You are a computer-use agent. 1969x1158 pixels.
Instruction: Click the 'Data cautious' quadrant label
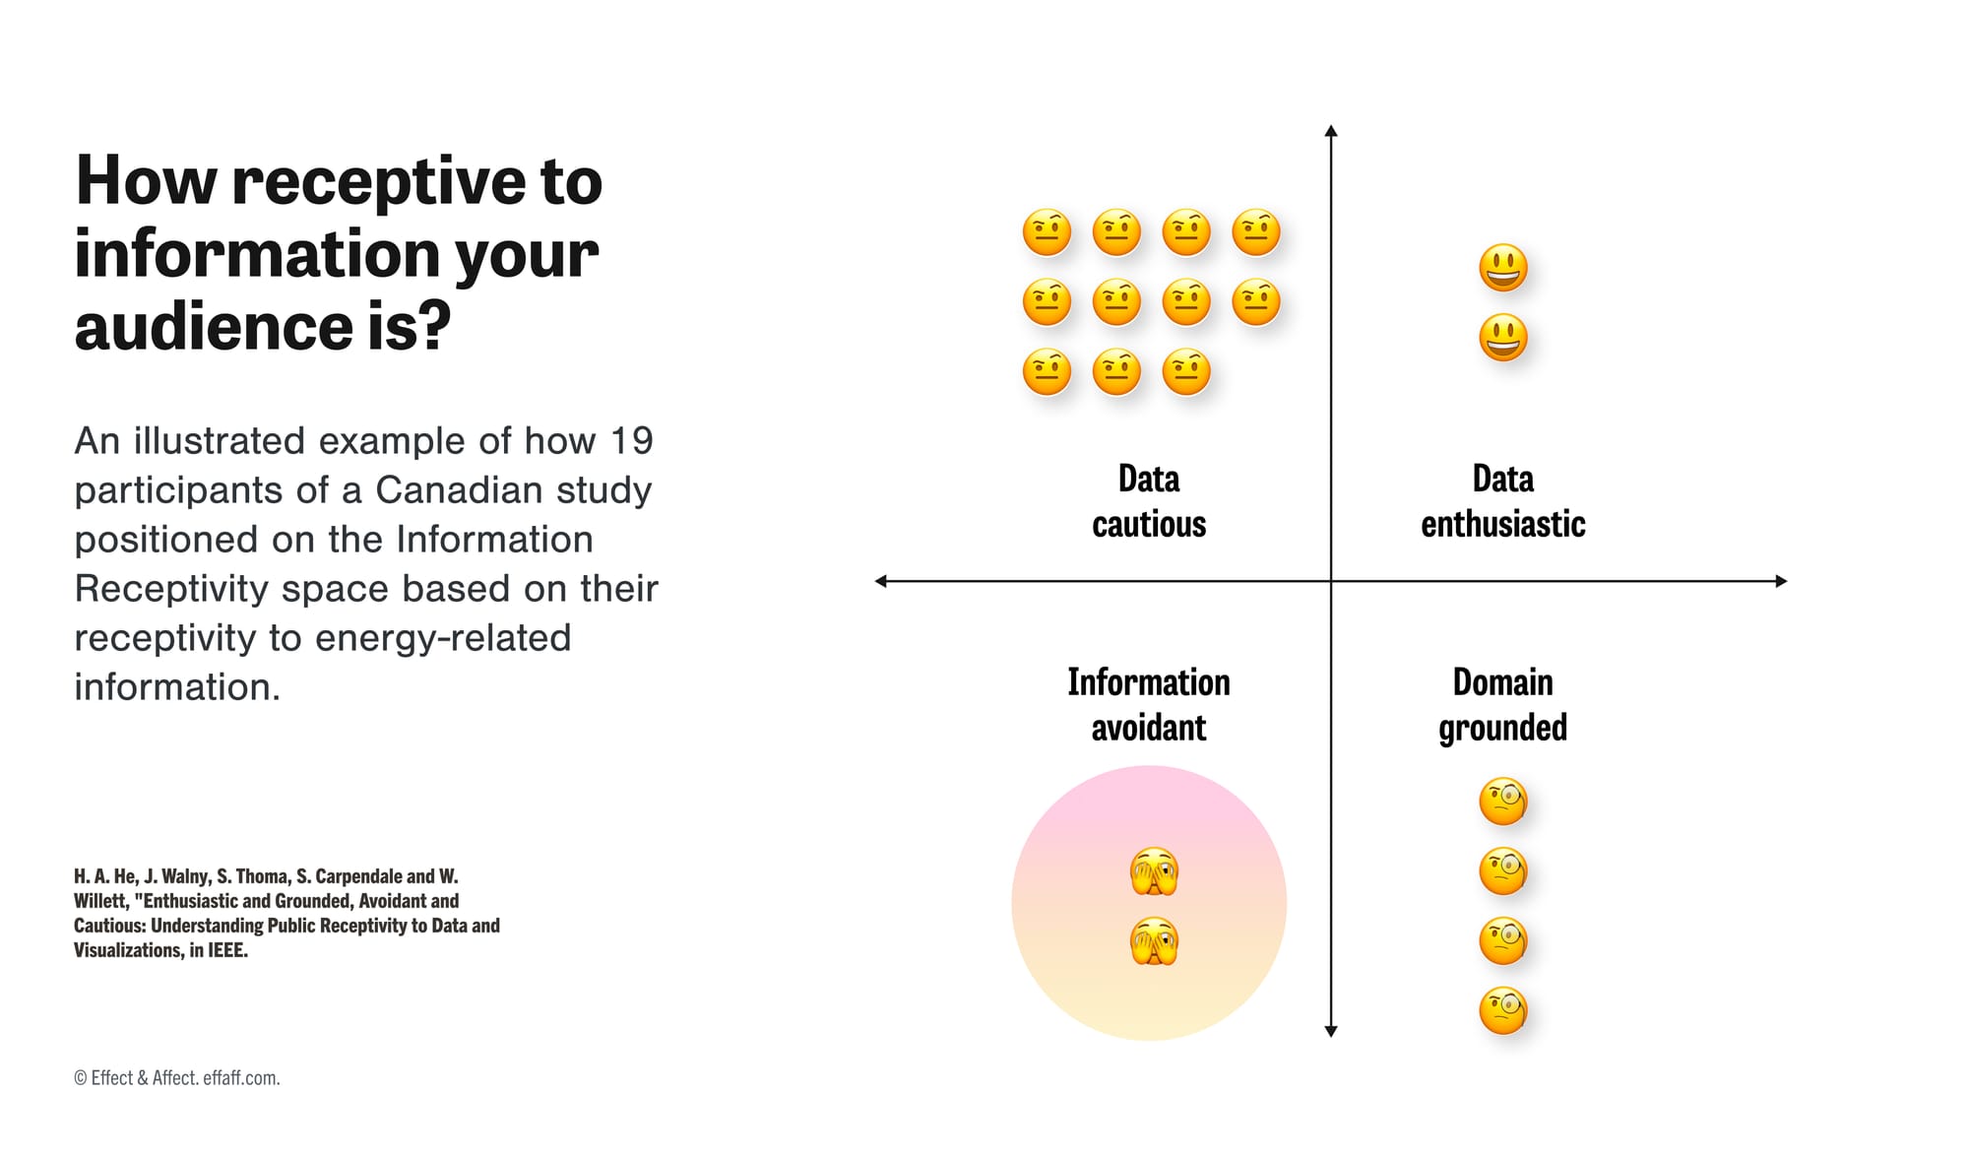pyautogui.click(x=1148, y=501)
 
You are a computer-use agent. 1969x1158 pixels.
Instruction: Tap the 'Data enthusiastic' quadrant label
pyautogui.click(x=1502, y=501)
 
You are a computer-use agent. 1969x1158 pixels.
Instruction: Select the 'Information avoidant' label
pyautogui.click(x=1148, y=705)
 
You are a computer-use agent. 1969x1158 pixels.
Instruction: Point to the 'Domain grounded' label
pyautogui.click(x=1502, y=705)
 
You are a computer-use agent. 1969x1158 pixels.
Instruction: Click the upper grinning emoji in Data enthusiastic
pyautogui.click(x=1503, y=268)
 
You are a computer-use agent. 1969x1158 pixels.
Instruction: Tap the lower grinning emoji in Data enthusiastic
pyautogui.click(x=1503, y=338)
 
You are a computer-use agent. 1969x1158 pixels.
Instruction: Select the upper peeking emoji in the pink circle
pyautogui.click(x=1154, y=871)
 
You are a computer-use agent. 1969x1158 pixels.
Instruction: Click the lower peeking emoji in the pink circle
pyautogui.click(x=1154, y=941)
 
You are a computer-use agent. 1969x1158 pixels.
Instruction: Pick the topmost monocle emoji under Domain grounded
pyautogui.click(x=1503, y=802)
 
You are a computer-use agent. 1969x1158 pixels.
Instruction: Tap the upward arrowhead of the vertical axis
pyautogui.click(x=1331, y=131)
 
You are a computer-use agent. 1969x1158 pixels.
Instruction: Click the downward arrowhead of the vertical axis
pyautogui.click(x=1331, y=1031)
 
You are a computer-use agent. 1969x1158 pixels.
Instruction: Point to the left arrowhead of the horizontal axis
pyautogui.click(x=881, y=581)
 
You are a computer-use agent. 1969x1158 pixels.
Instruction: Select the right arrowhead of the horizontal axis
pyautogui.click(x=1781, y=581)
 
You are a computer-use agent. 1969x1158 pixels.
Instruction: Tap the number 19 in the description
pyautogui.click(x=631, y=441)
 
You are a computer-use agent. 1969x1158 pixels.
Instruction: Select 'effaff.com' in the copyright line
pyautogui.click(x=241, y=1078)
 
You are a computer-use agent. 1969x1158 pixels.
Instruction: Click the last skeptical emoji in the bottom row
pyautogui.click(x=1186, y=372)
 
